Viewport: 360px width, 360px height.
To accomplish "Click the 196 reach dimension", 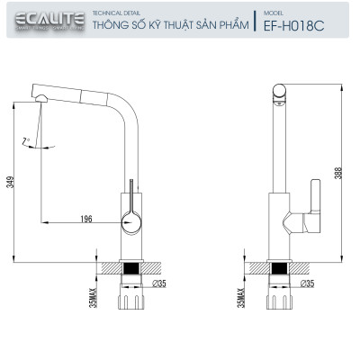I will point(86,217).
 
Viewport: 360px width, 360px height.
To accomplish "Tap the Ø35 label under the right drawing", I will point(308,283).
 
